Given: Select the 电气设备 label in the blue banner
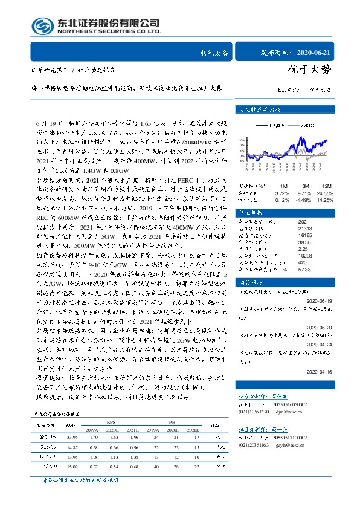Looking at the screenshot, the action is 214,53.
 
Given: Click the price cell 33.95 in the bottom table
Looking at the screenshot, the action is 73,437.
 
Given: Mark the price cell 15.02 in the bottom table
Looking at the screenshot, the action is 73,466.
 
